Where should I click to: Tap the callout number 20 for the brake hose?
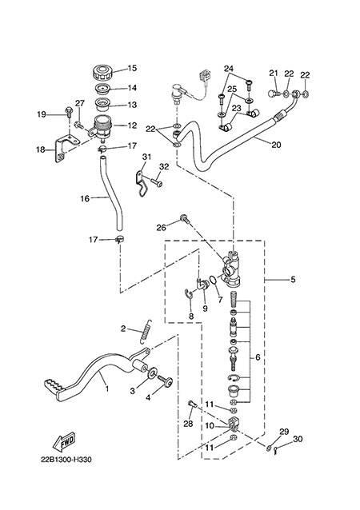(276, 145)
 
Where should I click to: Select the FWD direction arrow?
(64, 442)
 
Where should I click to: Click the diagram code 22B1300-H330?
(66, 460)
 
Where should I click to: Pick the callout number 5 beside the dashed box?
(293, 279)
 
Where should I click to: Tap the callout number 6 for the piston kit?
(258, 357)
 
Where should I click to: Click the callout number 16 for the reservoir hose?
(85, 198)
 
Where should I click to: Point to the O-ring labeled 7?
(213, 280)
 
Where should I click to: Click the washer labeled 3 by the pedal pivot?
(152, 373)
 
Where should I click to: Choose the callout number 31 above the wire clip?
(146, 157)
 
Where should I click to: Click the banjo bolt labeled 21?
(272, 94)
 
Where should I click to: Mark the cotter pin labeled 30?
(276, 451)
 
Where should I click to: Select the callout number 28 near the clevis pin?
(188, 423)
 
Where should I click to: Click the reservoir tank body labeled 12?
(102, 128)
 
